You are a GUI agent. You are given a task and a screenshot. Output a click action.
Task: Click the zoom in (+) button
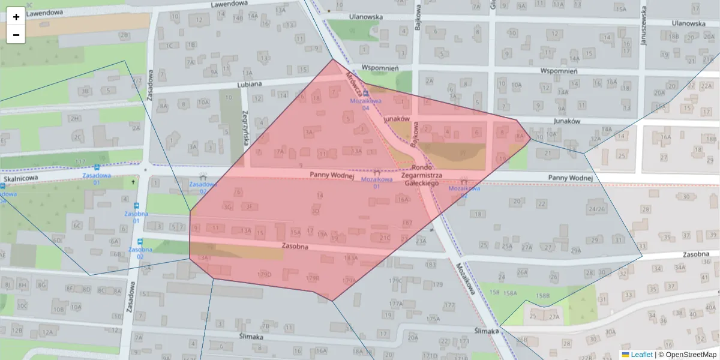pos(16,17)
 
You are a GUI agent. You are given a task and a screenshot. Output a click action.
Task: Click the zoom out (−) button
pos(16,35)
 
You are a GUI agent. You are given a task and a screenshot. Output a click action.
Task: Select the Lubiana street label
pos(249,84)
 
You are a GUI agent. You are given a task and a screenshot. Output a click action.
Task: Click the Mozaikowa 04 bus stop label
pos(366,104)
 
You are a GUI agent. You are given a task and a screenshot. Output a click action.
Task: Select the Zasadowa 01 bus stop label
pos(97,179)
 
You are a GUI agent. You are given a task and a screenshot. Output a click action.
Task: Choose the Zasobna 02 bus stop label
pos(136,253)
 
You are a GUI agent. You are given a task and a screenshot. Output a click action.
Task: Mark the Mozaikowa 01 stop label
pos(376,182)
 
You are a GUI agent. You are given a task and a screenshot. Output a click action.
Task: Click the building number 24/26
pos(597,209)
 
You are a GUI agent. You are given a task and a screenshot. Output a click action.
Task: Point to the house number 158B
pos(542,296)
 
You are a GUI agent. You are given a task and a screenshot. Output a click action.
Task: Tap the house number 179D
pos(264,274)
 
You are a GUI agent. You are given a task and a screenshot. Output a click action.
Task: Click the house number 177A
pos(395,304)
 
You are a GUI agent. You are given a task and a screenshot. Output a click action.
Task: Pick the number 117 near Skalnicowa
pos(80,162)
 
